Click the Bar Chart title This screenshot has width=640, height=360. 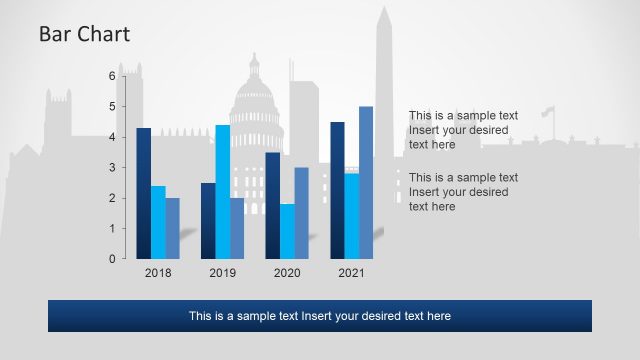(84, 35)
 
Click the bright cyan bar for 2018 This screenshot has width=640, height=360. (158, 222)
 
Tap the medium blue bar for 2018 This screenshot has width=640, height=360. (172, 228)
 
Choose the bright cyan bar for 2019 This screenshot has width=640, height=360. (222, 191)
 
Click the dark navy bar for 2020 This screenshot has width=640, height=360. (272, 205)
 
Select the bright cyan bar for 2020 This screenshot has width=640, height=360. (287, 231)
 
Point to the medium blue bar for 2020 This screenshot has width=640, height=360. (301, 213)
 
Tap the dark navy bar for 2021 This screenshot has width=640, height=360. (337, 190)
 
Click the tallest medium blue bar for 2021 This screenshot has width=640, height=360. (366, 182)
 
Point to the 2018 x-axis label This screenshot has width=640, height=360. (158, 273)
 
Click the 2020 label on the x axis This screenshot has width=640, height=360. (287, 273)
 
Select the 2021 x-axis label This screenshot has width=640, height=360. (351, 273)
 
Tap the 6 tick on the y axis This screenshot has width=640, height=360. (112, 75)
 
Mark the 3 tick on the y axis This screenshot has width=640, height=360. (112, 167)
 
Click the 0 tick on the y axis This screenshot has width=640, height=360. (112, 259)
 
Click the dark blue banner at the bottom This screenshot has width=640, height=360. (320, 316)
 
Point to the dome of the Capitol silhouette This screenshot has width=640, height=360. (255, 95)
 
